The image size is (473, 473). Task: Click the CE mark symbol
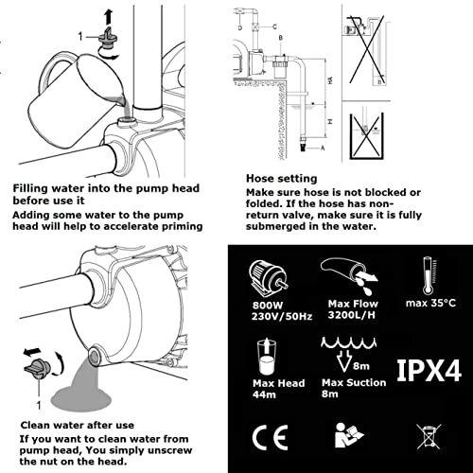(x=270, y=437)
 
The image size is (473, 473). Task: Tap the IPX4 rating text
(x=429, y=370)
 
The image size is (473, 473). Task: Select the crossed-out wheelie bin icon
(x=429, y=436)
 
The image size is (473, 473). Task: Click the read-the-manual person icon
(x=348, y=435)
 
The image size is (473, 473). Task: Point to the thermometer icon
(x=429, y=275)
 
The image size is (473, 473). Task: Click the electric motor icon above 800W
(x=268, y=278)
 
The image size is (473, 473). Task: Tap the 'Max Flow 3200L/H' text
(x=353, y=309)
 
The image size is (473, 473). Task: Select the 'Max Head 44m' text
(x=278, y=389)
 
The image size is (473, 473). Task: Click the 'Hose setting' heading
(x=281, y=179)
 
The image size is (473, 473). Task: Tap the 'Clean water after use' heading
(x=78, y=425)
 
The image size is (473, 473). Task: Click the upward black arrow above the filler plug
(x=108, y=17)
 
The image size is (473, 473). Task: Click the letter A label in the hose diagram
(x=323, y=148)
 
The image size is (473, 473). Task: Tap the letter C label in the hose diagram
(x=274, y=26)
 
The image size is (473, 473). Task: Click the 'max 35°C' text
(x=430, y=303)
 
